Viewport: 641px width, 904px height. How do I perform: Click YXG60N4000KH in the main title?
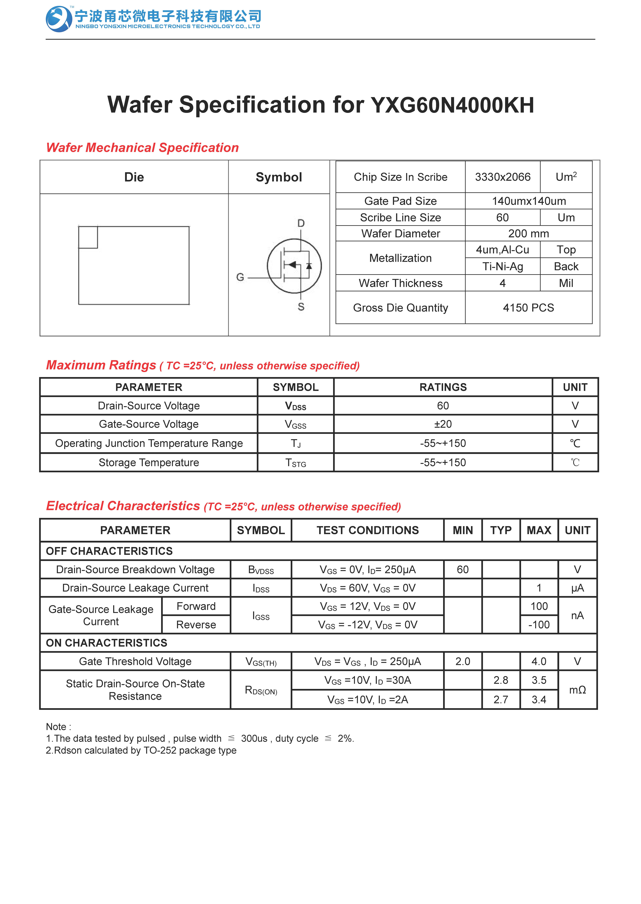coord(452,105)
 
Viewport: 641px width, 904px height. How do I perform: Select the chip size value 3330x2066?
coord(502,177)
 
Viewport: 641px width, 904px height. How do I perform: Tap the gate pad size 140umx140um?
coord(529,201)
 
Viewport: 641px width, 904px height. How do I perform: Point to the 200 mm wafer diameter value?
coord(529,233)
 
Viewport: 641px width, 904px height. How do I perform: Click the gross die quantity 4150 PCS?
coord(529,308)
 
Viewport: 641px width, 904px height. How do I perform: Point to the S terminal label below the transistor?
coord(301,307)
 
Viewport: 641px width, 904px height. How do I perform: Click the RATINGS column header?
coord(443,387)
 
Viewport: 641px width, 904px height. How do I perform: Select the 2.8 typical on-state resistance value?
coord(500,680)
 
